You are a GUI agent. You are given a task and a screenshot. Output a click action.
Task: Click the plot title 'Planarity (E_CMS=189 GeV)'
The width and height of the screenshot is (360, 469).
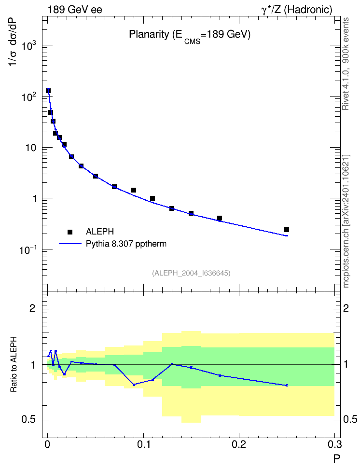(190, 35)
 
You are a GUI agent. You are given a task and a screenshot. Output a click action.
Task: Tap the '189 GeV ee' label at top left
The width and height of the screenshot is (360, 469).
(75, 10)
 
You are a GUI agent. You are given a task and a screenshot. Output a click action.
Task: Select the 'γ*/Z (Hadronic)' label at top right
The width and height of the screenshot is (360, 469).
(297, 10)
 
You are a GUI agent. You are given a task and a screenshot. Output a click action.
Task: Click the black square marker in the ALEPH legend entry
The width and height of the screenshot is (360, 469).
(70, 232)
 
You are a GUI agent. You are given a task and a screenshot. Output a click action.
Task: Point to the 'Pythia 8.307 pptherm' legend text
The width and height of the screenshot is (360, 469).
(126, 244)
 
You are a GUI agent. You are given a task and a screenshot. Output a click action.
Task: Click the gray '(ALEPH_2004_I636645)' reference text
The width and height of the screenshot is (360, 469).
(191, 273)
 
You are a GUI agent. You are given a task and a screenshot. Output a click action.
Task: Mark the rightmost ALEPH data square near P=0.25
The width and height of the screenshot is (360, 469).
(286, 230)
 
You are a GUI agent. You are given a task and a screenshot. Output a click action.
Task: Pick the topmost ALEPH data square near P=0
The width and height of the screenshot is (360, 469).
(48, 91)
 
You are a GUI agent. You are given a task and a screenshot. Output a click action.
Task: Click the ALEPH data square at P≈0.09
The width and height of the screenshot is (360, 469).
(134, 190)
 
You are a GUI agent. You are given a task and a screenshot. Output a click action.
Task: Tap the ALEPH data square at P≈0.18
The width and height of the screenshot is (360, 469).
(220, 218)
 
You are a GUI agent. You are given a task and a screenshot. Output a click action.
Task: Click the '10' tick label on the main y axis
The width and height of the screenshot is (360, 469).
(31, 148)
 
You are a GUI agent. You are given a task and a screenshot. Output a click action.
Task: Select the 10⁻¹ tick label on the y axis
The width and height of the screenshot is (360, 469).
(28, 249)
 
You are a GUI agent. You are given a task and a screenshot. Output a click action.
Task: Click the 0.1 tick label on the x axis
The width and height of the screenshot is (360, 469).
(143, 444)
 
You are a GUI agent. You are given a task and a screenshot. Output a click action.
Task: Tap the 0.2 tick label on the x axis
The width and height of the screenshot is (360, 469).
(239, 444)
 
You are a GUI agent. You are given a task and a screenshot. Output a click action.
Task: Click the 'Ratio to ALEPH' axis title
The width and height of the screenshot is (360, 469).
(14, 364)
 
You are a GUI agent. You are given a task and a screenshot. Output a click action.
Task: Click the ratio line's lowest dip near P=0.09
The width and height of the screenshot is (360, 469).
(134, 385)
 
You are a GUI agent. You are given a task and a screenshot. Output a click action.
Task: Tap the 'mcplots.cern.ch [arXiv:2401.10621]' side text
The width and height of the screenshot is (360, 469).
(346, 221)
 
